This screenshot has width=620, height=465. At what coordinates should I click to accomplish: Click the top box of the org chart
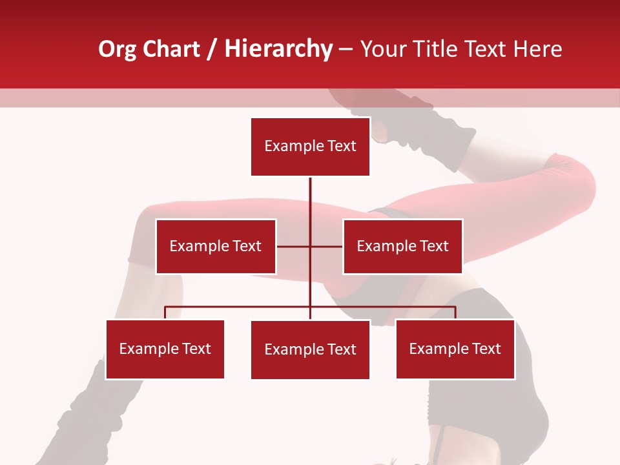click(310, 147)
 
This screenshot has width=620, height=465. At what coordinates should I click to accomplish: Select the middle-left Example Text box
click(216, 246)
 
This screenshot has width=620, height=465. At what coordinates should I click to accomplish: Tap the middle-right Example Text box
click(402, 246)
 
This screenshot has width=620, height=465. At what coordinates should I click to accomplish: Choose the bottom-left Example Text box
click(165, 349)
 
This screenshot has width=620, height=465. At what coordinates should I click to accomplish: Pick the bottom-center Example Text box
click(310, 349)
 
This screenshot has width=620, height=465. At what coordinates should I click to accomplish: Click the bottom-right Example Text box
click(455, 349)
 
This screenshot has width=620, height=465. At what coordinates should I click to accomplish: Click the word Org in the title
click(117, 50)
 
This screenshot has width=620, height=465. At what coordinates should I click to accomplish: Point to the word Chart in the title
click(171, 49)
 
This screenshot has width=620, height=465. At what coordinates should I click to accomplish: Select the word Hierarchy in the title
click(278, 50)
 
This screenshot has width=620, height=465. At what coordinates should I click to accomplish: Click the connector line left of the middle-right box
click(327, 246)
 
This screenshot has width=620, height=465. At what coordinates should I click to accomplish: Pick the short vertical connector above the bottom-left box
click(165, 313)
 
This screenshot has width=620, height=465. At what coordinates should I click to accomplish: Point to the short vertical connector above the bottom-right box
click(455, 313)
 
